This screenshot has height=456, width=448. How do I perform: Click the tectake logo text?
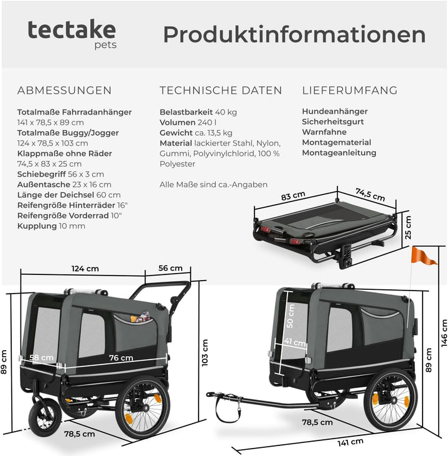[x=72, y=30]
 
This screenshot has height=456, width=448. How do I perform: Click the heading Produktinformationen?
[x=294, y=35]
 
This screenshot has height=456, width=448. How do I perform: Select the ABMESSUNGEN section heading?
[x=64, y=90]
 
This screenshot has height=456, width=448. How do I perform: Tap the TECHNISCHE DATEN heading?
[x=221, y=90]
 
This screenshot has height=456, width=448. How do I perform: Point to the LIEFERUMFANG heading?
[x=350, y=90]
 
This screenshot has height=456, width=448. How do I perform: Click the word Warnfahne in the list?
[x=324, y=132]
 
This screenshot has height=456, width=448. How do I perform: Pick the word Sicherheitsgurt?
[x=333, y=121]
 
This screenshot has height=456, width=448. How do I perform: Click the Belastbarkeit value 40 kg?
[x=226, y=112]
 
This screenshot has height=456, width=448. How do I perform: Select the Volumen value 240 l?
[x=207, y=123]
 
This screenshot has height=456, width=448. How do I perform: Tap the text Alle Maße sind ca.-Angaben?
[x=213, y=185]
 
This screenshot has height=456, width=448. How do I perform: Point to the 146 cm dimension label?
[x=444, y=333]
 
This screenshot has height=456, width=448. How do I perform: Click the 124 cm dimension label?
[x=85, y=268]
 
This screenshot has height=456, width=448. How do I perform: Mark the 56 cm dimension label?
[x=170, y=268]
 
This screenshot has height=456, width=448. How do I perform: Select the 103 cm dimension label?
[x=205, y=353]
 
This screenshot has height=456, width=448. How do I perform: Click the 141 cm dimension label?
[x=350, y=442]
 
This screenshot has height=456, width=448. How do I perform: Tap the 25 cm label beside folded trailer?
[x=408, y=228]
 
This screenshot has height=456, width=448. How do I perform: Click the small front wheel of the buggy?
[x=45, y=417]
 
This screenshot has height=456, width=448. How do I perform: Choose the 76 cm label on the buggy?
[x=121, y=358]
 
